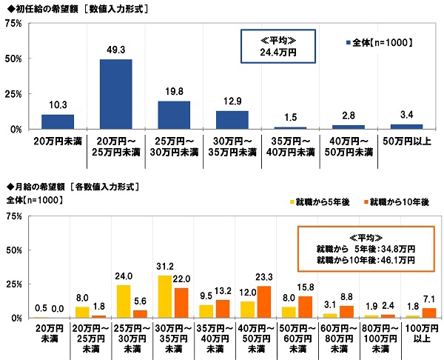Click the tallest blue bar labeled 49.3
(x=116, y=94)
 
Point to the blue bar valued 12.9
(x=232, y=120)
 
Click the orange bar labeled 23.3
(x=264, y=301)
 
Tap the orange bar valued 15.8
(x=306, y=307)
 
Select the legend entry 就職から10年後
(x=398, y=201)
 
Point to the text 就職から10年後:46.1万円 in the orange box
(x=366, y=260)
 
